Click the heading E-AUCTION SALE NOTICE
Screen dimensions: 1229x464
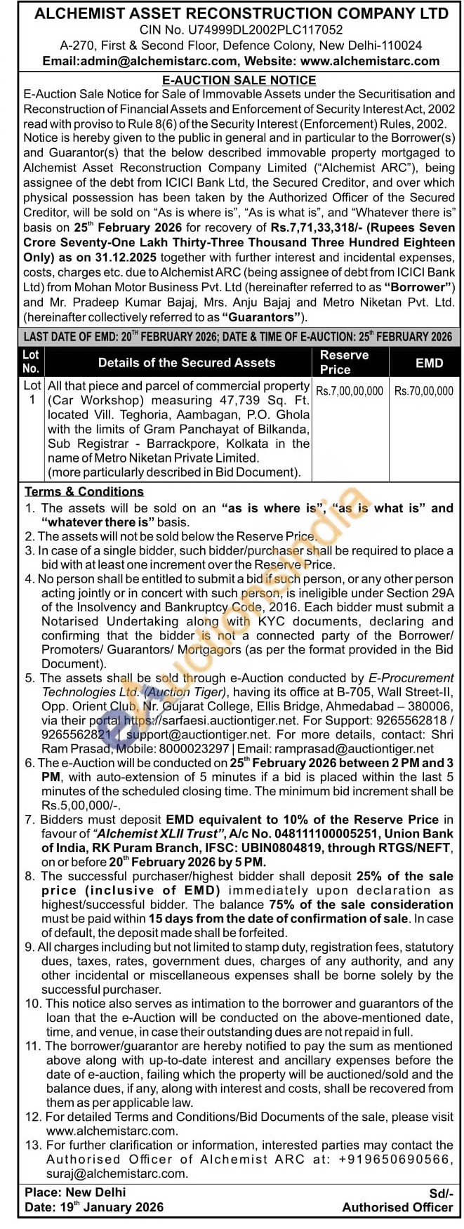239,80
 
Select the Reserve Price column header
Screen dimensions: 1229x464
344,361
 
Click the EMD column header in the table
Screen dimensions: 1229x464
429,362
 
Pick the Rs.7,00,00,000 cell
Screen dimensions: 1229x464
350,391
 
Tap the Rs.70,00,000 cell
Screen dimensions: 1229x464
424,391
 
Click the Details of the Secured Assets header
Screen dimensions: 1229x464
187,362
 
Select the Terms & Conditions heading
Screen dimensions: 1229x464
84,491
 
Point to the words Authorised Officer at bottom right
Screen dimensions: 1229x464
397,1207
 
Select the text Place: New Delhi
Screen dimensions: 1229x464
75,1193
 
